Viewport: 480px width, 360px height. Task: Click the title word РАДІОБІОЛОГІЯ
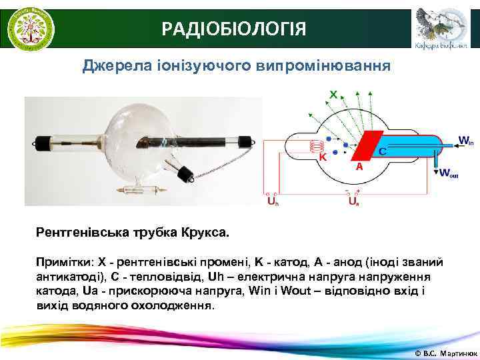click(234, 29)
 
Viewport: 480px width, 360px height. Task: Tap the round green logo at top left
click(31, 28)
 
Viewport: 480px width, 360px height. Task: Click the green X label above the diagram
click(332, 94)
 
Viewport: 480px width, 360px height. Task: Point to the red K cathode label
click(323, 158)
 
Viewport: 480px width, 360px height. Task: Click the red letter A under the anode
click(359, 167)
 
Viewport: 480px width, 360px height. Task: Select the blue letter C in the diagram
click(383, 152)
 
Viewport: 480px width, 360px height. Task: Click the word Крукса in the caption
click(205, 234)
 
